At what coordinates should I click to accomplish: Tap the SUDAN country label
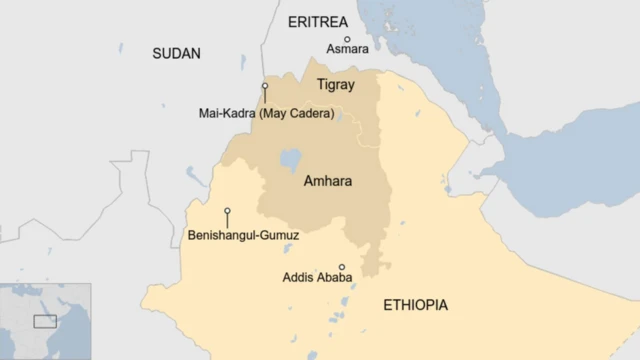click(176, 54)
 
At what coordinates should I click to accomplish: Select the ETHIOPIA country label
click(415, 305)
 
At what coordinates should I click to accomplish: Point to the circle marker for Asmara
click(347, 38)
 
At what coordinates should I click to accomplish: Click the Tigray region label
click(335, 85)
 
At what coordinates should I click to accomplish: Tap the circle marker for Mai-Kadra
click(265, 86)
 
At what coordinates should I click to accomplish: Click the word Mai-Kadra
click(228, 113)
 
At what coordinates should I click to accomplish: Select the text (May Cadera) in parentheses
click(297, 113)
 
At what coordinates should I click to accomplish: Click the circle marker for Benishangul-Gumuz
click(227, 211)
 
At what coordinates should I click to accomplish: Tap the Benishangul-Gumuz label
click(243, 236)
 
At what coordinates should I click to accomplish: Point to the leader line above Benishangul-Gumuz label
click(227, 221)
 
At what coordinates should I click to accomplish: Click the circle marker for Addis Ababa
click(341, 267)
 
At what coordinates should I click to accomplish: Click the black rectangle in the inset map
click(45, 321)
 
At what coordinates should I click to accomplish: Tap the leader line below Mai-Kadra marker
click(265, 97)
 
